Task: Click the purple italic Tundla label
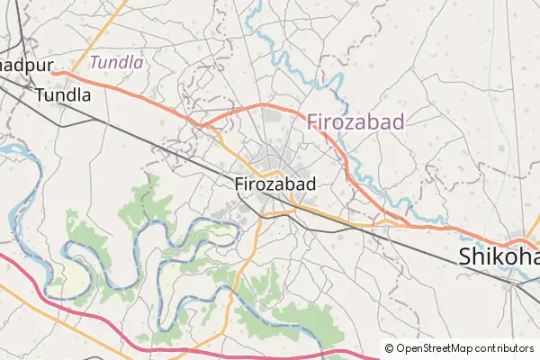pos(117,62)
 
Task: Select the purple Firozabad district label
pos(355,121)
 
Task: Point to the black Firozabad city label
pos(274,184)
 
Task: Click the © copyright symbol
pos(389,348)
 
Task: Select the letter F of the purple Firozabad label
pos(314,121)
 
